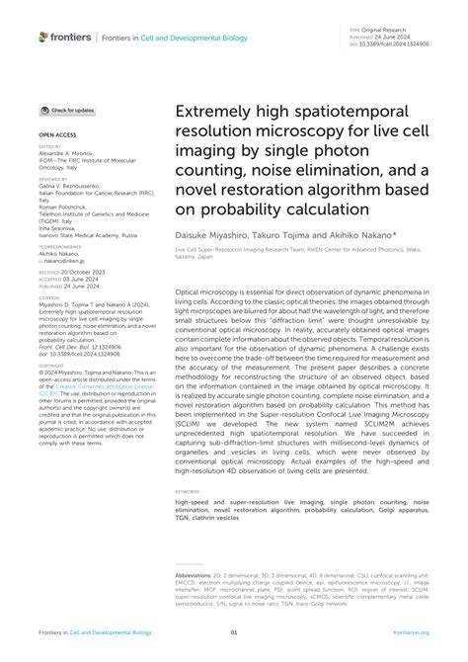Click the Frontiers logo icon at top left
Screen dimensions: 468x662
click(x=43, y=37)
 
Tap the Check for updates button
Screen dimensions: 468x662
click(x=68, y=111)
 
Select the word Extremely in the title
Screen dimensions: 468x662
click(x=212, y=112)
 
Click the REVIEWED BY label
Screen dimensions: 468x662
click(x=53, y=178)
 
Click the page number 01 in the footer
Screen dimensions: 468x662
click(x=234, y=632)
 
